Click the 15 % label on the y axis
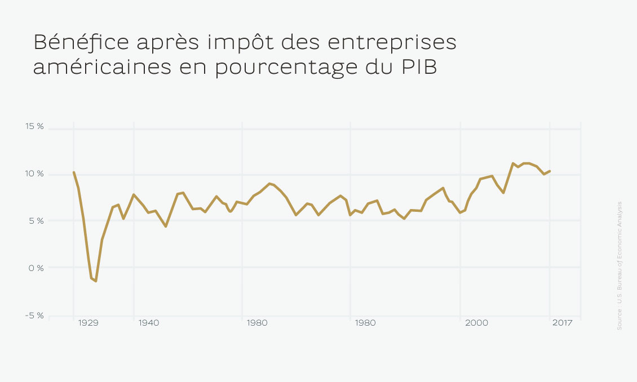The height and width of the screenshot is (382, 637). coord(34,126)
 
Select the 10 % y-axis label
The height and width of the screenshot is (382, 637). coord(34,174)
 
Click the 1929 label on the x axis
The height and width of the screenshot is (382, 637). coord(89,323)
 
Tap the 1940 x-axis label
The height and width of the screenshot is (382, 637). coord(149,323)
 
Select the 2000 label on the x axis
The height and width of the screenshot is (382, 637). coord(477,323)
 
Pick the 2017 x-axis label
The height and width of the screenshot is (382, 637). coord(562,323)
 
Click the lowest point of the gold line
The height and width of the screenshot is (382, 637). coord(96,281)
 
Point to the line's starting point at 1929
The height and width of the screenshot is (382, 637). coord(74,172)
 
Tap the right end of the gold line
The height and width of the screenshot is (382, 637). coord(550,171)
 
